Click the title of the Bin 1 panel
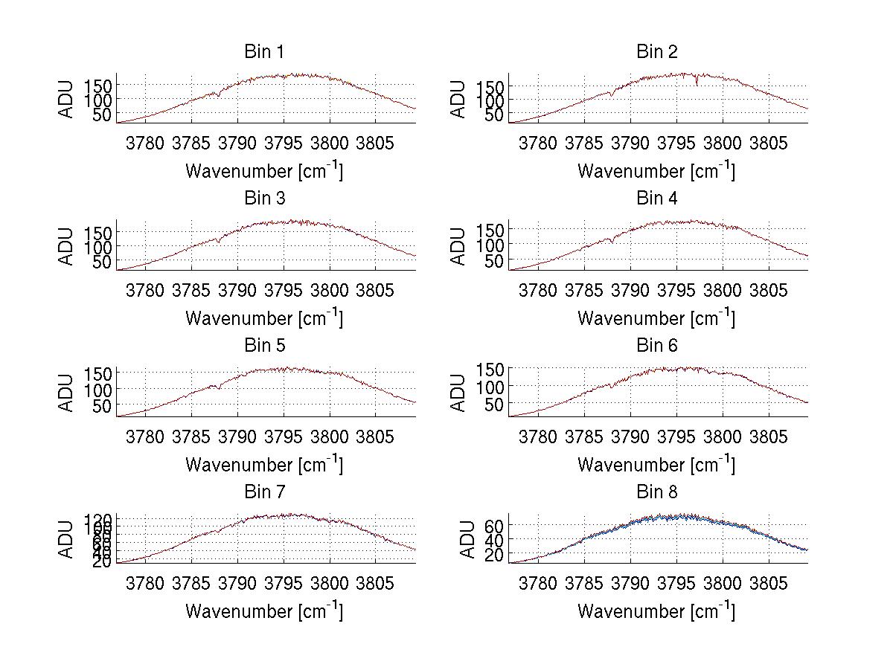264,51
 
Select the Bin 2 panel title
657,51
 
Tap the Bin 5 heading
264,345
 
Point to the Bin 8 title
657,492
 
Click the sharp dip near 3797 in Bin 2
697,84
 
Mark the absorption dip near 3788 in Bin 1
219,96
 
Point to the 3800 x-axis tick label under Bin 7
329,582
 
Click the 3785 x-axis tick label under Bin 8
584,582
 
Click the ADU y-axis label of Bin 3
67,246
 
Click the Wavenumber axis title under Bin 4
656,318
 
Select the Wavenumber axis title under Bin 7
264,611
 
